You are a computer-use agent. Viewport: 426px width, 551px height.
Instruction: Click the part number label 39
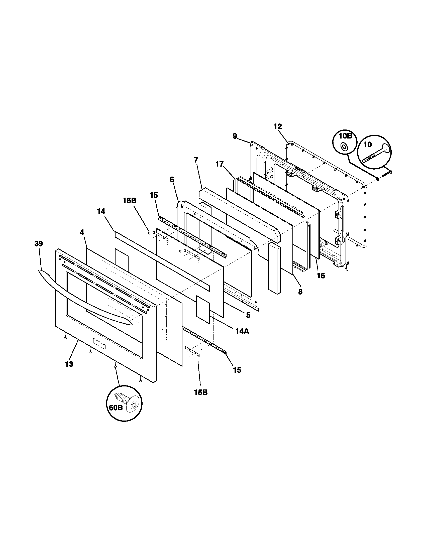point(39,244)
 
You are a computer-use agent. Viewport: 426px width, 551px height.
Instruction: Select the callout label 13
point(69,364)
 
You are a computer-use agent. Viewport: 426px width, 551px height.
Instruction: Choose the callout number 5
point(248,315)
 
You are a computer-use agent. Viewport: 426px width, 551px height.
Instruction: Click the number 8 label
point(300,292)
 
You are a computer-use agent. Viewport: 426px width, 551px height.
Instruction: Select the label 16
point(321,276)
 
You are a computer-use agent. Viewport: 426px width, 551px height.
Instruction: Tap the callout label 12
point(278,127)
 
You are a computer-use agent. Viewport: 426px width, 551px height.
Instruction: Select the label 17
point(220,164)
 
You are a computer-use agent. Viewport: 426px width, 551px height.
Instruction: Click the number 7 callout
point(196,160)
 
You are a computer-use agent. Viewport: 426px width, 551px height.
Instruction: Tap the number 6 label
point(172,180)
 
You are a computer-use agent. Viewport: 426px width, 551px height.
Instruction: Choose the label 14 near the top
point(101,211)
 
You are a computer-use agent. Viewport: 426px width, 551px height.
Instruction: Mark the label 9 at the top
point(235,136)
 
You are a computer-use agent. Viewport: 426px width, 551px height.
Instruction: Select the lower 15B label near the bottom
point(201,392)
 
